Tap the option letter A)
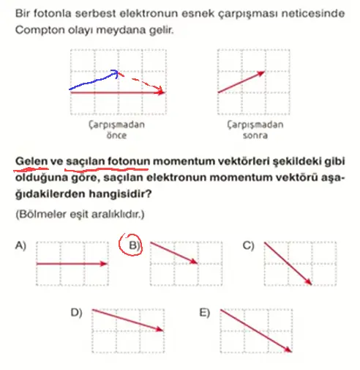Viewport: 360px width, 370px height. pos(20,246)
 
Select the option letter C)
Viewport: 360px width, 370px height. pos(248,246)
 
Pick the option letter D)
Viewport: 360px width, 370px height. pos(76,313)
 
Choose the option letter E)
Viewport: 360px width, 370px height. pos(204,313)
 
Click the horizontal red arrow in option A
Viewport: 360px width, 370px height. pos(72,263)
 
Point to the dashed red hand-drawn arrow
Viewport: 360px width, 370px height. pos(143,82)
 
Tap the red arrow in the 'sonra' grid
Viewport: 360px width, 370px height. pos(240,81)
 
